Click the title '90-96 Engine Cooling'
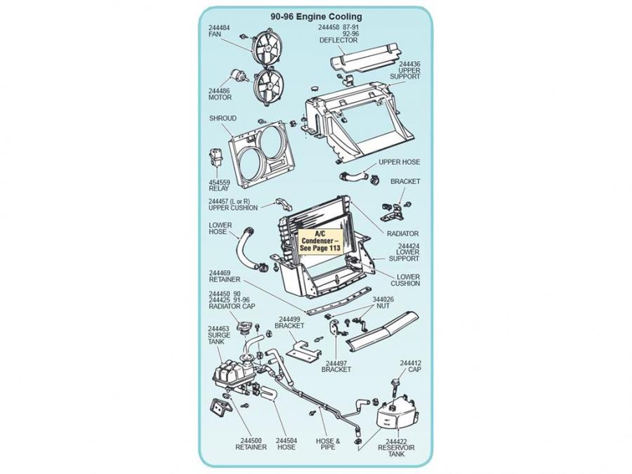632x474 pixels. coord(316,17)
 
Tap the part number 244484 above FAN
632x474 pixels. coord(219,28)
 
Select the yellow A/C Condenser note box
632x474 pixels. coord(320,241)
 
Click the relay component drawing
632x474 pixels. coord(216,157)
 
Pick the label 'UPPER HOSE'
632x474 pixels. coord(399,162)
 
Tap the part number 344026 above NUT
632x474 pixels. coord(383,299)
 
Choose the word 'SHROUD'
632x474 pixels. coord(223,119)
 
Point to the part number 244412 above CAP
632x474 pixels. coord(410,363)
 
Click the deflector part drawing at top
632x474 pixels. coord(364,58)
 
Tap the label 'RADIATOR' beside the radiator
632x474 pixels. coord(402,234)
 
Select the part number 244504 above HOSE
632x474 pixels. coord(287,440)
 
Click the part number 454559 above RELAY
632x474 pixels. coord(219,183)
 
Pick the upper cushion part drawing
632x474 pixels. coord(284,204)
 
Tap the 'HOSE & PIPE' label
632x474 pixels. coord(328,445)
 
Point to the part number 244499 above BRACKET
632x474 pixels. coord(289,320)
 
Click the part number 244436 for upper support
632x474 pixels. coord(409,64)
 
